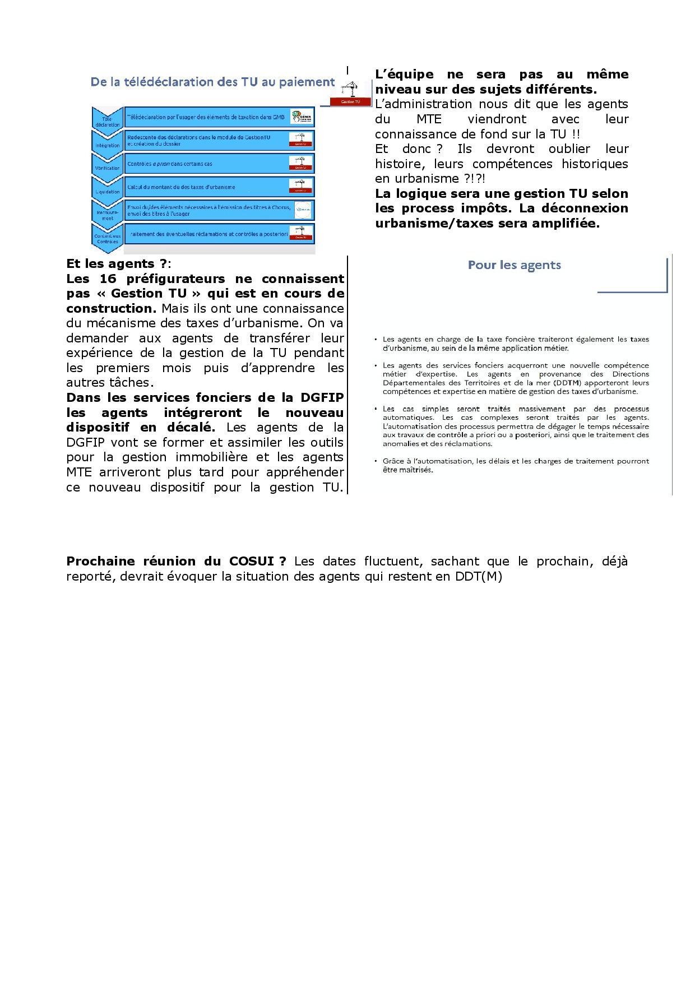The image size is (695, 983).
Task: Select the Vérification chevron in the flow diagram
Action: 107,165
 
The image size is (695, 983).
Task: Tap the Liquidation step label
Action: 107,191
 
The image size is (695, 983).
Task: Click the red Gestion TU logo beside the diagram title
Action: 350,93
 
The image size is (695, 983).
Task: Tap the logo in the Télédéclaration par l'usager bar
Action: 300,117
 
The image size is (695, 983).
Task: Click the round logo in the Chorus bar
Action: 302,210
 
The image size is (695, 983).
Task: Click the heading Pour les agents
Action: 514,265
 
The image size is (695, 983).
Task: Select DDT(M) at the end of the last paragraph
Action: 478,576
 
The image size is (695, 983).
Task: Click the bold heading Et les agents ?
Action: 116,263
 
